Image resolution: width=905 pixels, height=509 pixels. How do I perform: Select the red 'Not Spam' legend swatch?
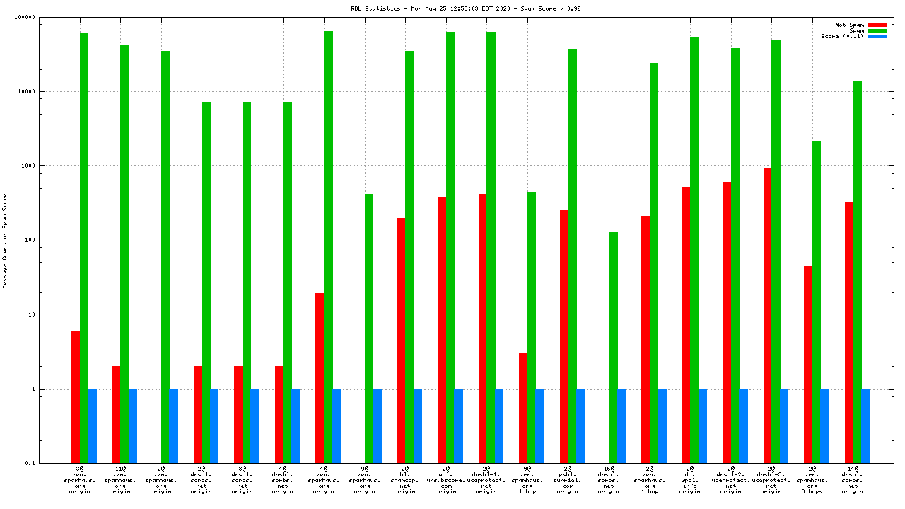point(877,25)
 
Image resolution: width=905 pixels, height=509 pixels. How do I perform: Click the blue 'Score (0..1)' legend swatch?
point(877,36)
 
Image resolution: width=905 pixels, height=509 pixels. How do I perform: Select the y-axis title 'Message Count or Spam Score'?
point(5,240)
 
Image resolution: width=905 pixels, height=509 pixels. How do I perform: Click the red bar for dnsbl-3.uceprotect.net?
point(767,315)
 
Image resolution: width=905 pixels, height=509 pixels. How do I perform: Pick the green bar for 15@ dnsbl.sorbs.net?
point(613,347)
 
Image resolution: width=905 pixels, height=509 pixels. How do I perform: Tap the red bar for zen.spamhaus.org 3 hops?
point(808,364)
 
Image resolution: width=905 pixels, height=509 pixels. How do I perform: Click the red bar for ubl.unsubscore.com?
point(442,329)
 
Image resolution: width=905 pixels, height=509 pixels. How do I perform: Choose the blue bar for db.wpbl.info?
point(703,426)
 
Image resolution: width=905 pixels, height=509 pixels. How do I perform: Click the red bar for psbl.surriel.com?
point(564,337)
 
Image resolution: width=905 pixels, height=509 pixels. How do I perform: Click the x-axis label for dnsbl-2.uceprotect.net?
point(731,480)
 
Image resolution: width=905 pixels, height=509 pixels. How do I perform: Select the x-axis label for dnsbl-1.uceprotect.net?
point(486,480)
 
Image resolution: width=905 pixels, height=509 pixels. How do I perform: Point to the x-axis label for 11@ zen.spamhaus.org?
point(120,480)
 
